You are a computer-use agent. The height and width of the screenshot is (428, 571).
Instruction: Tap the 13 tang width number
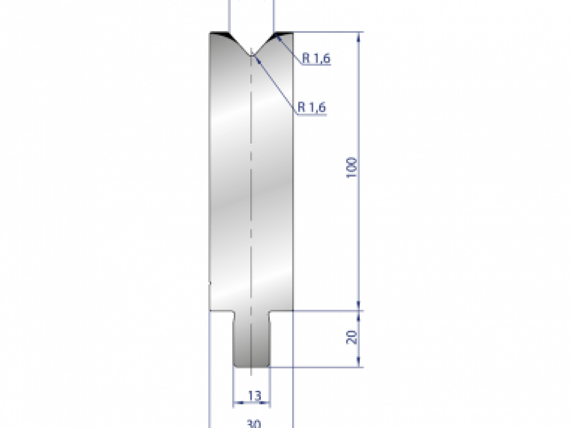(255, 395)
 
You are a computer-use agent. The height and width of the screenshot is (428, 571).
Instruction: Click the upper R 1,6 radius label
(316, 59)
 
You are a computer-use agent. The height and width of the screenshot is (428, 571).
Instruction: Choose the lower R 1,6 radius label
(312, 108)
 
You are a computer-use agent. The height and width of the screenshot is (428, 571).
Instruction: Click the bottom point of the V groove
(251, 55)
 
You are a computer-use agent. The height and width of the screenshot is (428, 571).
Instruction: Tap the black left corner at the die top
(220, 34)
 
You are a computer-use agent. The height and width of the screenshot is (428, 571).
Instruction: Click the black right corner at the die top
(283, 34)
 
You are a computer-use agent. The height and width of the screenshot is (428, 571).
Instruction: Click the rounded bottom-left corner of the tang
(235, 365)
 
